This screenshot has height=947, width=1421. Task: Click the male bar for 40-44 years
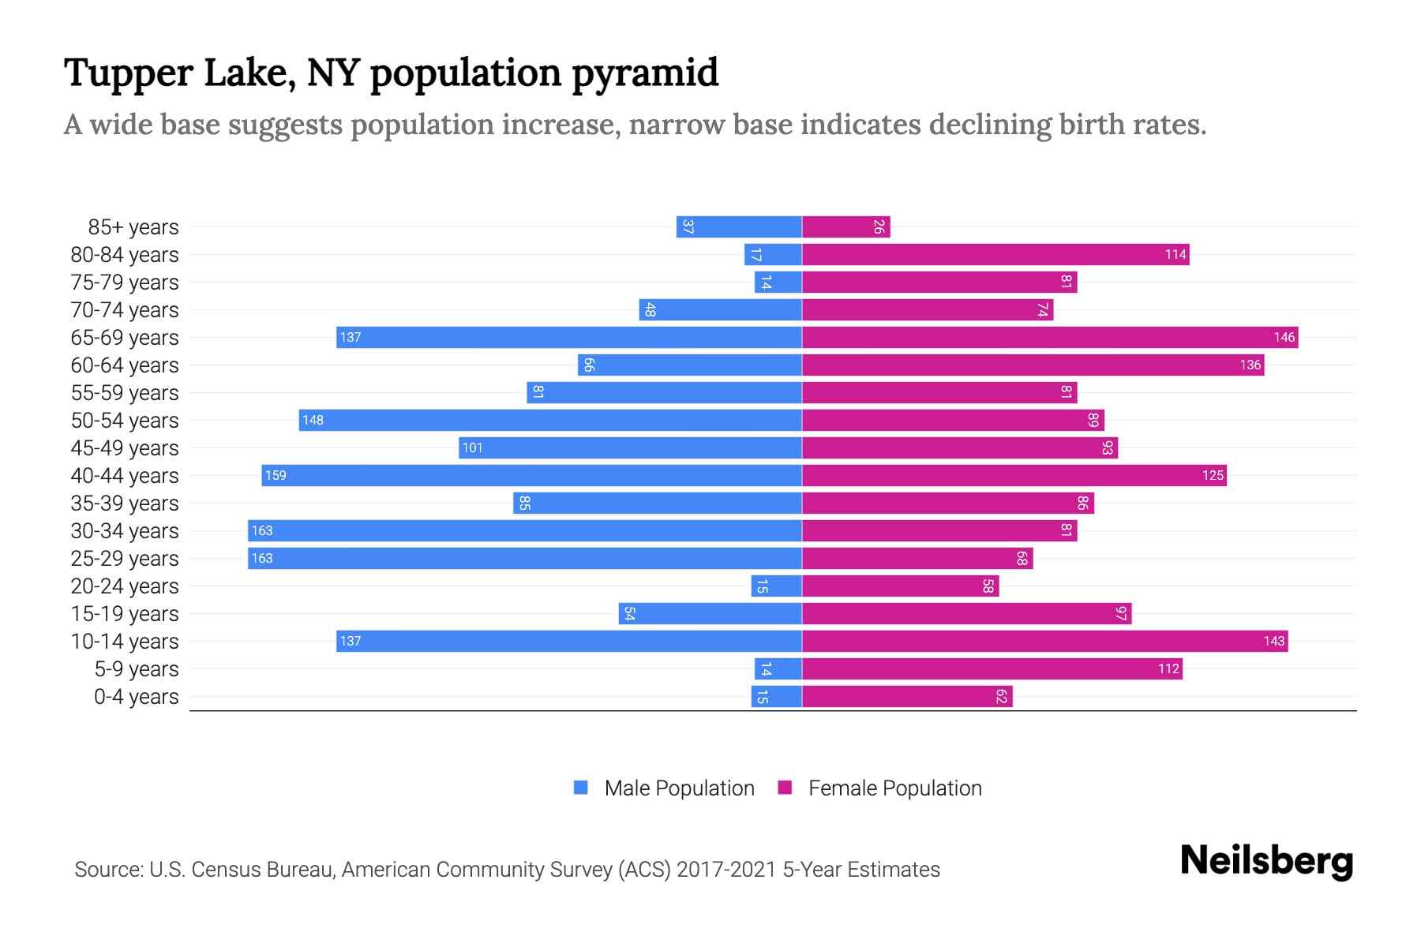[x=531, y=475]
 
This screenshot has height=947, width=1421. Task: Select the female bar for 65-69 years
[x=1050, y=337]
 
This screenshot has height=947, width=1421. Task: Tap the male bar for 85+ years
[x=739, y=226]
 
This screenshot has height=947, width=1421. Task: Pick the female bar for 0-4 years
[x=907, y=696]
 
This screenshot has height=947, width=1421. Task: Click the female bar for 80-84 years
[x=995, y=254]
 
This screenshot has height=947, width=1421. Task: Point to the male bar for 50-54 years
[x=550, y=420]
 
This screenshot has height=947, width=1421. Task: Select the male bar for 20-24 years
[x=776, y=586]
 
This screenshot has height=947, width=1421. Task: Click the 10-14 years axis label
[x=125, y=642]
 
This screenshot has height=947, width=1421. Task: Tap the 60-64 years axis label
[x=125, y=365]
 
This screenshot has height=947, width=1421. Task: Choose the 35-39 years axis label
[x=125, y=503]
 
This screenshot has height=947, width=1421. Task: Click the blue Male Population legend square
[x=581, y=788]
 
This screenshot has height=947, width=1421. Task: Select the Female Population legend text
[x=894, y=788]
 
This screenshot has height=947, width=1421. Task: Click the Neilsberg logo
[x=1266, y=861]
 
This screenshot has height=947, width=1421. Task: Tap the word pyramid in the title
[x=645, y=73]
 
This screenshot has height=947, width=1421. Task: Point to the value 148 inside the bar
[x=313, y=420]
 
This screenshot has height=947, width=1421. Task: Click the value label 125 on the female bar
[x=1213, y=475]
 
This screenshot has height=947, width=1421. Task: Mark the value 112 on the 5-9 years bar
[x=1168, y=668]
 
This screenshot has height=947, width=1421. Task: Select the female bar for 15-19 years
[x=966, y=613]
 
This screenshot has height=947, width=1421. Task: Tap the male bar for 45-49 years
[x=630, y=447]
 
